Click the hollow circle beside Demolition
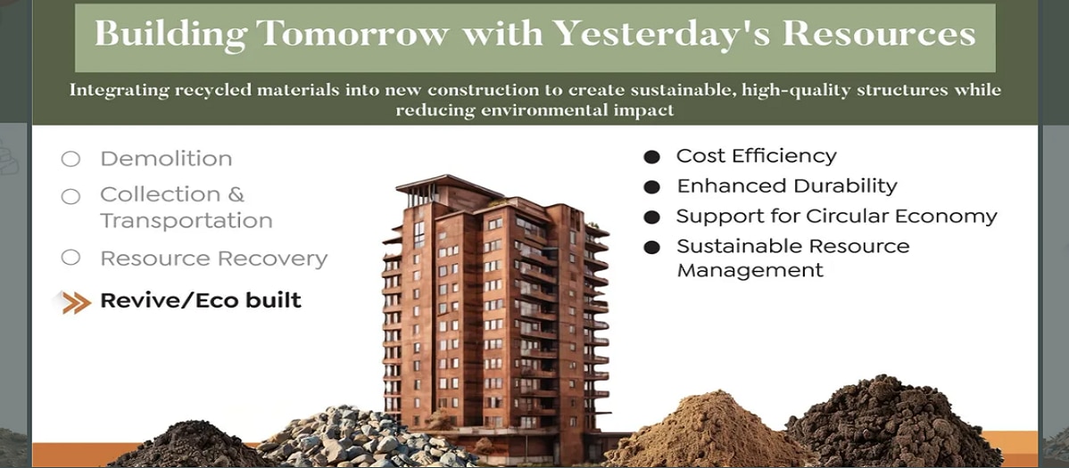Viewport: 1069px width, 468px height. (x=70, y=160)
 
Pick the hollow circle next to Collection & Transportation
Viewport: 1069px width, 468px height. (x=70, y=197)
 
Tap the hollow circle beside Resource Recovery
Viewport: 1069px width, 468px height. (x=70, y=259)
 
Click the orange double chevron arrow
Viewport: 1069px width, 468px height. (x=76, y=302)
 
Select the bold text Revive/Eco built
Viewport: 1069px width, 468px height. (x=201, y=300)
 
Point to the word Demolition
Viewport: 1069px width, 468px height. (x=166, y=159)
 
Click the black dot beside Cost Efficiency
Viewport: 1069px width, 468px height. (x=651, y=158)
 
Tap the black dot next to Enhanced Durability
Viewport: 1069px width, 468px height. (x=651, y=186)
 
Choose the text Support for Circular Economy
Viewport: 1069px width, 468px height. (x=836, y=217)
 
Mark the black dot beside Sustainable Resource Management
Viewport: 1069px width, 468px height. (x=651, y=247)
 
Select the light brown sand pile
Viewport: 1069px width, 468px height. (x=709, y=431)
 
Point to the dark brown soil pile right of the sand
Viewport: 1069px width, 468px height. (x=893, y=423)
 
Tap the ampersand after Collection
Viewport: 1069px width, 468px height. (x=236, y=195)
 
